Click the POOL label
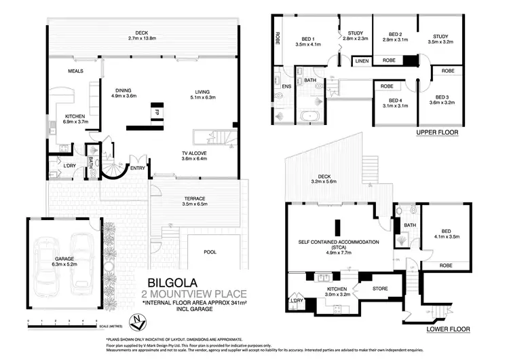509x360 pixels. click(x=210, y=252)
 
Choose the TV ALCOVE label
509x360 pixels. click(x=193, y=153)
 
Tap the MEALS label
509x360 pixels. click(x=75, y=71)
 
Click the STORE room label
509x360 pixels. click(x=380, y=289)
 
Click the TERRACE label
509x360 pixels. click(x=194, y=198)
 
